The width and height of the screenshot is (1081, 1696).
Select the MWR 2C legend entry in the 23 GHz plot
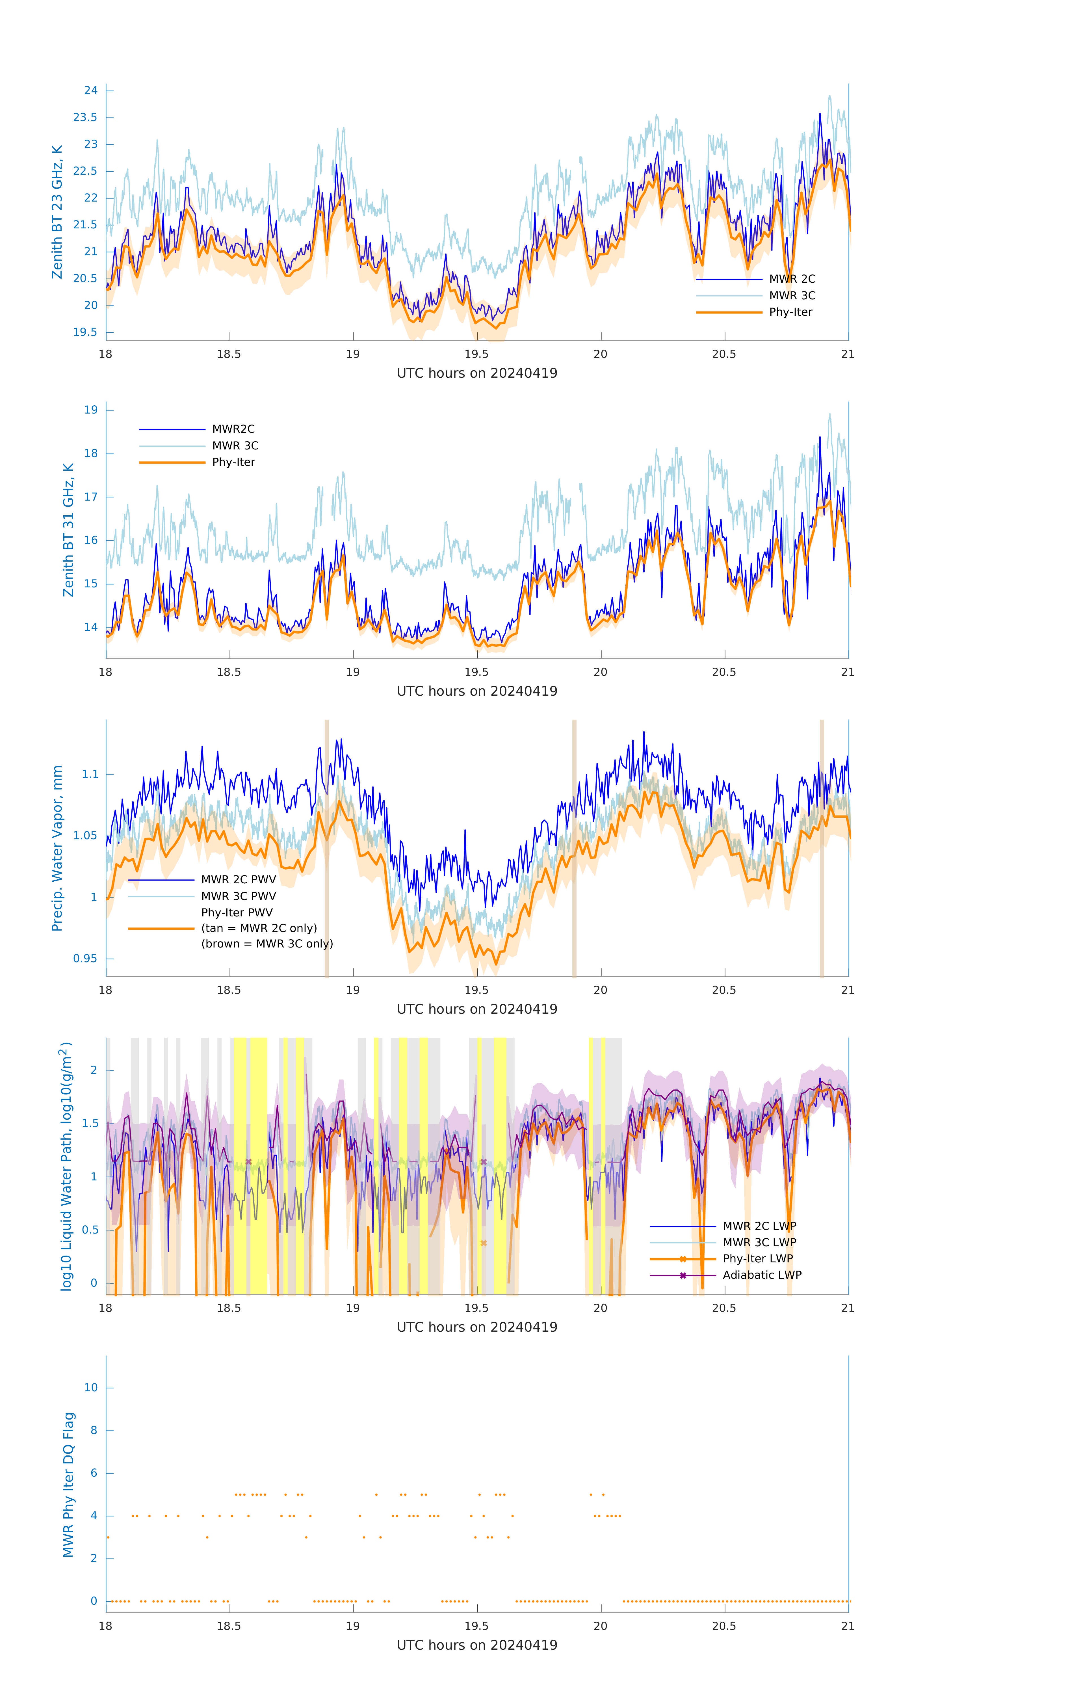[x=792, y=279]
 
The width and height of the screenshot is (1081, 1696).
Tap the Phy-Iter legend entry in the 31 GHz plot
[x=233, y=462]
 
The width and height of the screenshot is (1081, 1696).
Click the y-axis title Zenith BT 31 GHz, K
[x=68, y=530]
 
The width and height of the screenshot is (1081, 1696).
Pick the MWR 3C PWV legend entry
[x=238, y=896]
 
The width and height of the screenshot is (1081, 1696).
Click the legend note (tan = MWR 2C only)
[x=259, y=928]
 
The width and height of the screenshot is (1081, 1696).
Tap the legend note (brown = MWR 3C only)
[x=267, y=944]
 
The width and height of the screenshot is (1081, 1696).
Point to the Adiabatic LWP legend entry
[x=761, y=1275]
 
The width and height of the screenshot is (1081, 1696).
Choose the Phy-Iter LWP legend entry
[x=757, y=1259]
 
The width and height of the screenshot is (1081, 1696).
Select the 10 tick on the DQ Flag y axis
[x=91, y=1388]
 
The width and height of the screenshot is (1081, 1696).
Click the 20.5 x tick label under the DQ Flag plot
[x=724, y=1626]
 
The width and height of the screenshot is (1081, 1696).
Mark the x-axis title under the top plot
[x=477, y=373]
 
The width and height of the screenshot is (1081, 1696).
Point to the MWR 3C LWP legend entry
[x=759, y=1242]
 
